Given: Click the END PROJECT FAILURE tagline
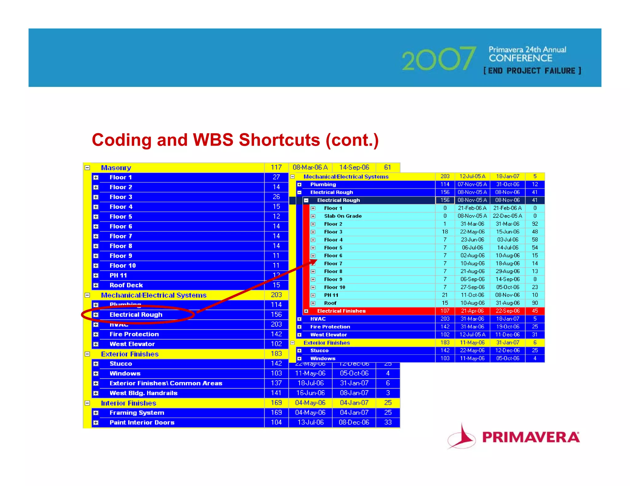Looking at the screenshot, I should (x=532, y=71).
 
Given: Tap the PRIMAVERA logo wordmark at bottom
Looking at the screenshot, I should (x=531, y=437).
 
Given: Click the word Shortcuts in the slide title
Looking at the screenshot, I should (x=279, y=140).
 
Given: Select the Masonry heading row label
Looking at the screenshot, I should (x=116, y=168).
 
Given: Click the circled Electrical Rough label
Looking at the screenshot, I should (x=136, y=315).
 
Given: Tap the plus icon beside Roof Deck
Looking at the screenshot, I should (x=96, y=285).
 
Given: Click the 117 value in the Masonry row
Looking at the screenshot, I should (x=276, y=167).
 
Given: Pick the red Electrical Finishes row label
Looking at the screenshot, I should (x=341, y=311).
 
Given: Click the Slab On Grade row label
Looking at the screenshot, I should (x=343, y=216).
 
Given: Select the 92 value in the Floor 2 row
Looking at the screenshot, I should (x=535, y=224).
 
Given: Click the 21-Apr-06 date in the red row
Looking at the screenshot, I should (x=472, y=311).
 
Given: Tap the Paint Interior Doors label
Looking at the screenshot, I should (x=142, y=422).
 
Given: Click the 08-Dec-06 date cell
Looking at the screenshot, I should (x=354, y=422).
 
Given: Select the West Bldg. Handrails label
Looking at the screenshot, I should (x=143, y=393).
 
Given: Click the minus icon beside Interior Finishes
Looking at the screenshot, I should (x=87, y=403).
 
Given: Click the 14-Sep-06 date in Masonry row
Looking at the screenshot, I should (x=354, y=167).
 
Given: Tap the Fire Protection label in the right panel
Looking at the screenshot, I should (x=330, y=327).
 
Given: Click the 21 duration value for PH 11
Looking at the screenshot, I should (x=445, y=295).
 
